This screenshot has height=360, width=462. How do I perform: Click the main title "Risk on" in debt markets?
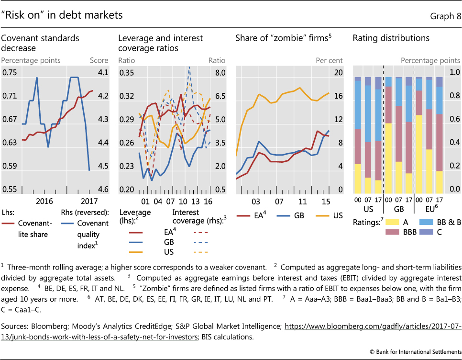pyautogui.click(x=62, y=15)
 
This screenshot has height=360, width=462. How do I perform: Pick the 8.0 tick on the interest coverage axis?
pyautogui.click(x=220, y=73)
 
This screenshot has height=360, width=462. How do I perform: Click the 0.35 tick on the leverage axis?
pyautogui.click(x=128, y=73)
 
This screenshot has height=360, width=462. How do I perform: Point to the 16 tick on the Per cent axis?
pyautogui.click(x=338, y=96)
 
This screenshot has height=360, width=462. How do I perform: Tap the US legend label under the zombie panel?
pyautogui.click(x=338, y=215)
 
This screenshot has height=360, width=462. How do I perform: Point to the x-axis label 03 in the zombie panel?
pyautogui.click(x=256, y=200)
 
